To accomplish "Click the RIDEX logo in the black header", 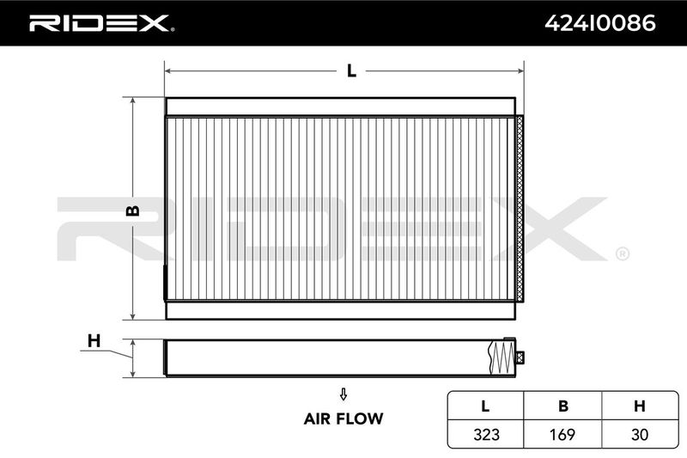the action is pyautogui.click(x=101, y=23).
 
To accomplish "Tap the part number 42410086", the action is pyautogui.click(x=599, y=23).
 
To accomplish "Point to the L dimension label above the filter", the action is pyautogui.click(x=351, y=70).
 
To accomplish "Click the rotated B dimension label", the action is pyautogui.click(x=133, y=211).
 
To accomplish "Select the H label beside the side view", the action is pyautogui.click(x=94, y=340).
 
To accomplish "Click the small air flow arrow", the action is pyautogui.click(x=343, y=394).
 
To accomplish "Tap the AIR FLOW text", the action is pyautogui.click(x=343, y=418).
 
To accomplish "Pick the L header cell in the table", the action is pyautogui.click(x=485, y=406).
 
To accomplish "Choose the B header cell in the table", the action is pyautogui.click(x=563, y=406).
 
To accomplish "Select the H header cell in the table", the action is pyautogui.click(x=640, y=406).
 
